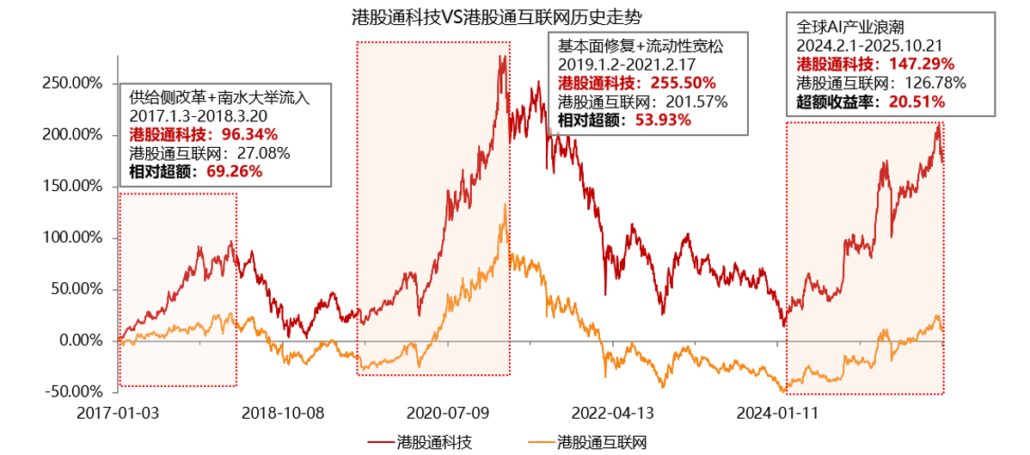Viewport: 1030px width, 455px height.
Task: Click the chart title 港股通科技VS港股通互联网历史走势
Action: pyautogui.click(x=497, y=16)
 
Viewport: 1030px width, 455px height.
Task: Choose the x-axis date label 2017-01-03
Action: pyautogui.click(x=118, y=412)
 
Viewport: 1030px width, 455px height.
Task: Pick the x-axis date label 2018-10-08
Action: pyautogui.click(x=282, y=412)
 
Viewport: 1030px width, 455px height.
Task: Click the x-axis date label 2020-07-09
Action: pyautogui.click(x=447, y=412)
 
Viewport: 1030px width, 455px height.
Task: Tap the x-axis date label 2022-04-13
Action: pyautogui.click(x=612, y=412)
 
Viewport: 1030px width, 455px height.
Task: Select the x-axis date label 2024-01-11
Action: pyautogui.click(x=777, y=412)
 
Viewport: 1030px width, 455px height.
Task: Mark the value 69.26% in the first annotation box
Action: pyautogui.click(x=234, y=171)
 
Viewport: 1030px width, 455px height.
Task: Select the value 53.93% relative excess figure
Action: pyautogui.click(x=663, y=120)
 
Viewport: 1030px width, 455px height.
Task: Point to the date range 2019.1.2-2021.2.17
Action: pyautogui.click(x=627, y=65)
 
